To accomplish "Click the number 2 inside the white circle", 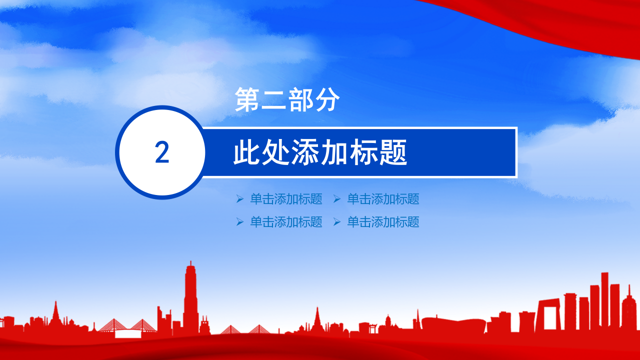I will (x=162, y=152).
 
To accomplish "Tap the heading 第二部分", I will (x=287, y=99).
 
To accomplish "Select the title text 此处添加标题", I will (x=320, y=153).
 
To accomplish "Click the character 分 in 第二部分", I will (x=327, y=99).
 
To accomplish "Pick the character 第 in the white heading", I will (x=248, y=99).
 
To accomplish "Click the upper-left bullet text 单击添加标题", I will (x=286, y=199).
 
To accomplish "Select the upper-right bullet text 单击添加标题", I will (x=383, y=199).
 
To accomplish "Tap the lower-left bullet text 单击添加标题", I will (x=286, y=222).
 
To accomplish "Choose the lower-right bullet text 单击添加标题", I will (x=383, y=222).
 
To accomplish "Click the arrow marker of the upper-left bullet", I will (x=240, y=199).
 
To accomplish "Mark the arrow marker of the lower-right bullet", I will (x=337, y=222).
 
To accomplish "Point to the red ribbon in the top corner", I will (x=550, y=20).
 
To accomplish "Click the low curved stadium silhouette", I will (x=452, y=322).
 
